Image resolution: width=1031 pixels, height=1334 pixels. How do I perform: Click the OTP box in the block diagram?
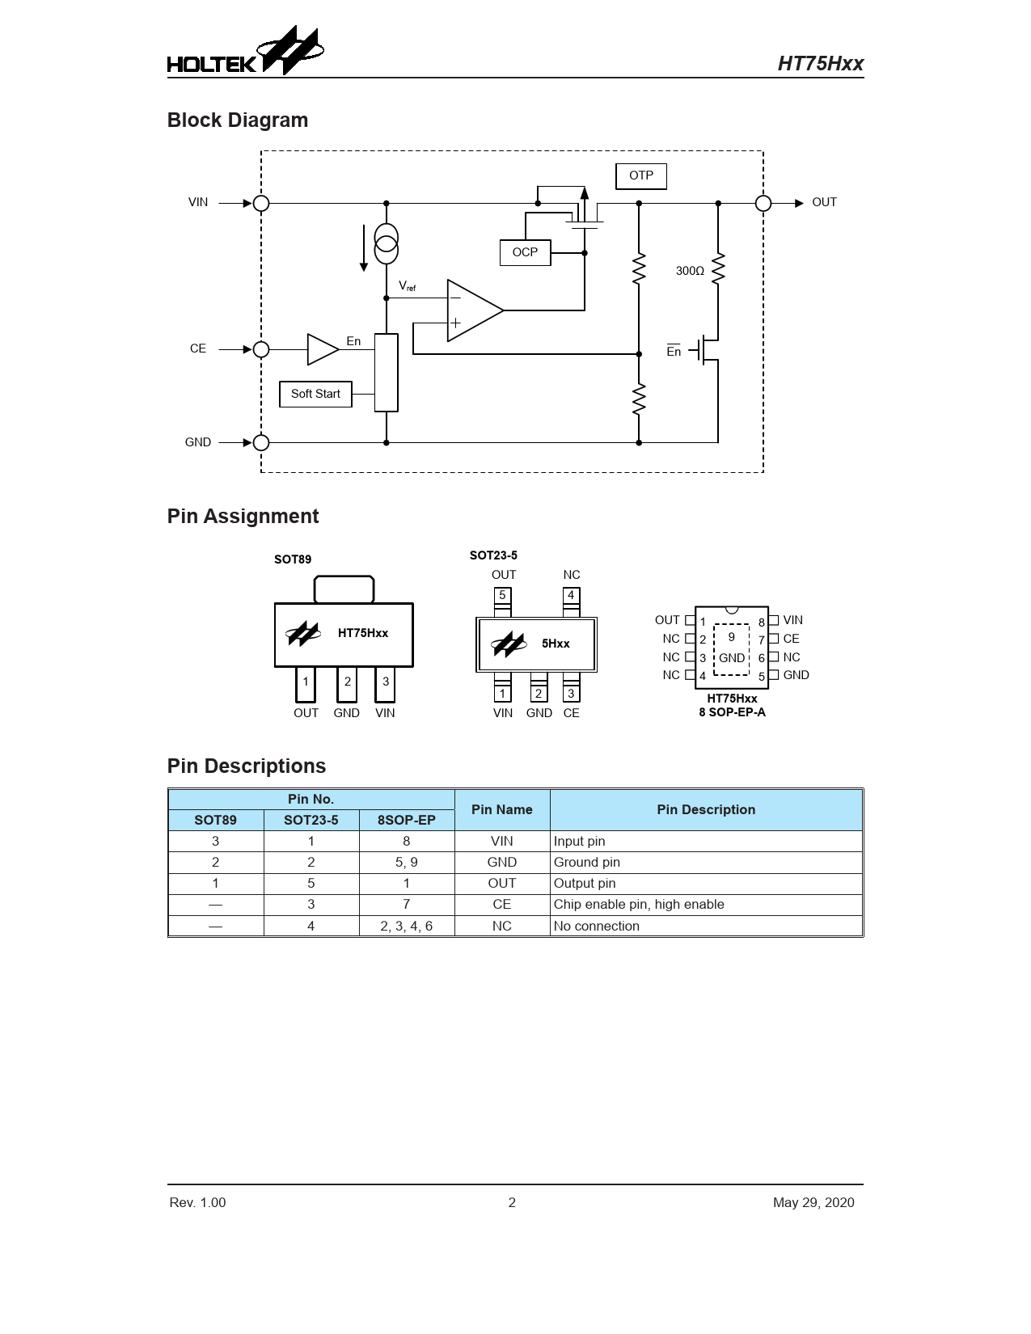point(640,176)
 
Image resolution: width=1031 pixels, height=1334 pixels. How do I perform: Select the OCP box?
point(525,252)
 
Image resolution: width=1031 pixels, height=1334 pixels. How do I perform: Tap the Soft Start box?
point(315,394)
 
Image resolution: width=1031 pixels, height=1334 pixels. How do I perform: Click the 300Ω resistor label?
point(690,271)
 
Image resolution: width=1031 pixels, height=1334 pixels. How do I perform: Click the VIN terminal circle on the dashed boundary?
point(261,203)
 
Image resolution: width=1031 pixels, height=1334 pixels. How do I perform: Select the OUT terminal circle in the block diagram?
point(763,203)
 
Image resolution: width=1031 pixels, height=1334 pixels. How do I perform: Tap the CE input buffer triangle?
point(323,349)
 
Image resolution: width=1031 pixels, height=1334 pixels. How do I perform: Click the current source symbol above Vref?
point(387,243)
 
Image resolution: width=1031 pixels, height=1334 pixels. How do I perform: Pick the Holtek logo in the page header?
point(246,51)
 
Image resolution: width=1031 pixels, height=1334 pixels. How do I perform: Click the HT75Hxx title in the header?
point(821,64)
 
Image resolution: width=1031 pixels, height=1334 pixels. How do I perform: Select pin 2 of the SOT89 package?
point(347,684)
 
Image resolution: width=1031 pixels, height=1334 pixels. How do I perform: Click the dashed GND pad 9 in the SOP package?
point(731,649)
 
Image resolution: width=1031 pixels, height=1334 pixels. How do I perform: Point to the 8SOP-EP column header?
point(407,820)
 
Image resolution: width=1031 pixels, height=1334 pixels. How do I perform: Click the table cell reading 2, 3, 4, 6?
point(407,926)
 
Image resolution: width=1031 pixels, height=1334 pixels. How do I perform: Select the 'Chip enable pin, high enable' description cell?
point(706,904)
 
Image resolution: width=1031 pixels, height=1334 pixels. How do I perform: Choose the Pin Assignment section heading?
point(243,517)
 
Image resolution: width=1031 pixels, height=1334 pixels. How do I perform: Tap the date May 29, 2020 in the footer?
point(813,1202)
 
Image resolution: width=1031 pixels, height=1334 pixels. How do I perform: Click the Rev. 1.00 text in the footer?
point(198,1202)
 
